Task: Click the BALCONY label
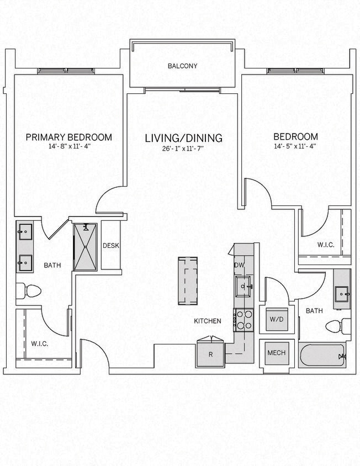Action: coord(182,66)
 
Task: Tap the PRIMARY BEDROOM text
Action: coord(69,137)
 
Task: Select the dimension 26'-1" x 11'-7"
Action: coord(183,149)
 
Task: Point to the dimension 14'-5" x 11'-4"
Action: coord(296,147)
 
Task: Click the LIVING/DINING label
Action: coord(183,138)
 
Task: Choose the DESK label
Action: coord(111,246)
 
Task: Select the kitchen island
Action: coord(188,280)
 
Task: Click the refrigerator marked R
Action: coord(210,354)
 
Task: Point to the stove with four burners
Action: coord(243,319)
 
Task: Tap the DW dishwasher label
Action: coord(239,266)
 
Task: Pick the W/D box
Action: coord(276,320)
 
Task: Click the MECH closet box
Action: coord(276,353)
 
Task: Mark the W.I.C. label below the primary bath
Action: coord(40,343)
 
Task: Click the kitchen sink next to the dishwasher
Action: coord(243,286)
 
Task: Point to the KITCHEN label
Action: coord(207,321)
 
